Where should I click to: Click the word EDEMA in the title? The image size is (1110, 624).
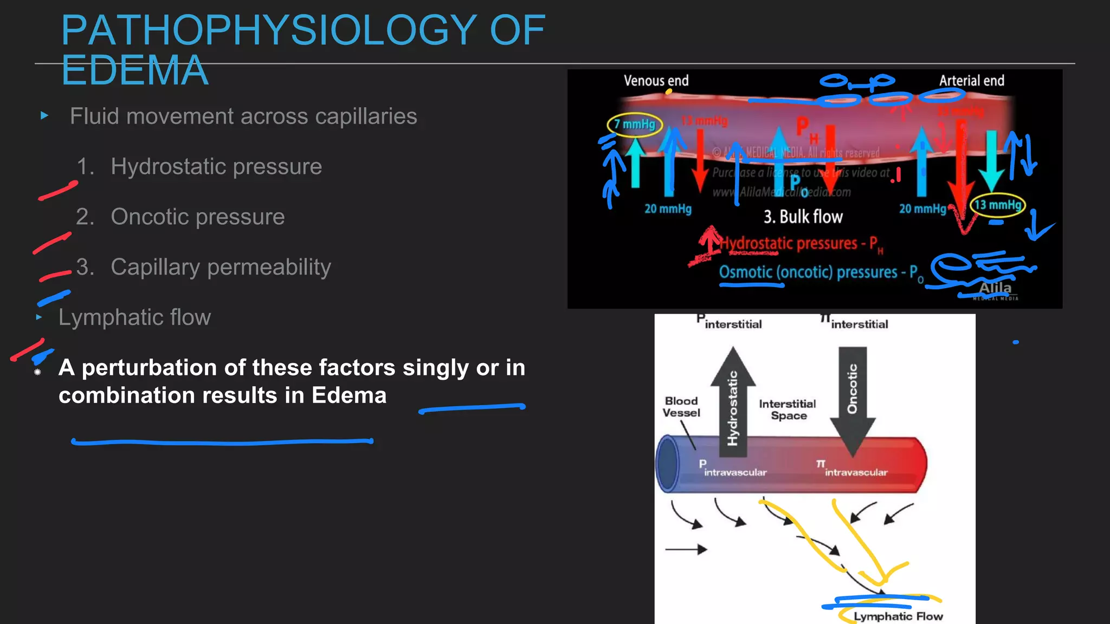point(135,70)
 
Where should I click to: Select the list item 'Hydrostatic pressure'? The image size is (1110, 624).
point(216,167)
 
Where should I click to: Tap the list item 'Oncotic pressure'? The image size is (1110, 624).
point(197,217)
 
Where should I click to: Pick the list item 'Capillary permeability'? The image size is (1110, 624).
point(221,267)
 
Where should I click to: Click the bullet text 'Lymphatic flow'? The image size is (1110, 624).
point(134,317)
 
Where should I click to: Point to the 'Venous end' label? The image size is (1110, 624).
point(656,81)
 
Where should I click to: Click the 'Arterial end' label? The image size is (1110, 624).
point(971,81)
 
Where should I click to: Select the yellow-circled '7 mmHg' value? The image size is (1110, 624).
point(635,125)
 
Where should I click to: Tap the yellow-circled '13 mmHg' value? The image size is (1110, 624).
point(997,205)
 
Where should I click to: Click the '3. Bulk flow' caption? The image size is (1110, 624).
point(803,217)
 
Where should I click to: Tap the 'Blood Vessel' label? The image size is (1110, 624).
point(681,407)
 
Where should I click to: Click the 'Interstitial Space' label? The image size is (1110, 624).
point(788,409)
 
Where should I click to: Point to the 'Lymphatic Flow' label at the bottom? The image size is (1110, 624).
point(898,616)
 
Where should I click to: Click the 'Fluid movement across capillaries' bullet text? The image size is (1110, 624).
point(243,116)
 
